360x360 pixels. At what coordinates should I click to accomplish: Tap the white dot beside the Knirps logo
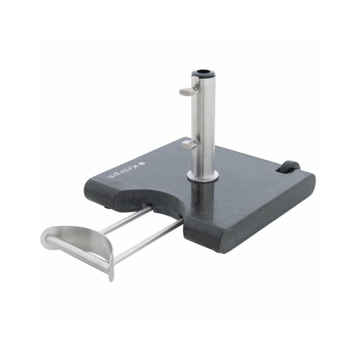[143, 163]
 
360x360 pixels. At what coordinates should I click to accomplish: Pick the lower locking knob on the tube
[189, 144]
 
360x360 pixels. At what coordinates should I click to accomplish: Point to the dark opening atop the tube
[204, 72]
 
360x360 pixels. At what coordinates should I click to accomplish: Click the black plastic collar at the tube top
[204, 73]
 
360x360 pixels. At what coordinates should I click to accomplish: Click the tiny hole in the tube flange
[195, 176]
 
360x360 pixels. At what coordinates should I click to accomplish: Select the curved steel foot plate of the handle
[85, 243]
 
